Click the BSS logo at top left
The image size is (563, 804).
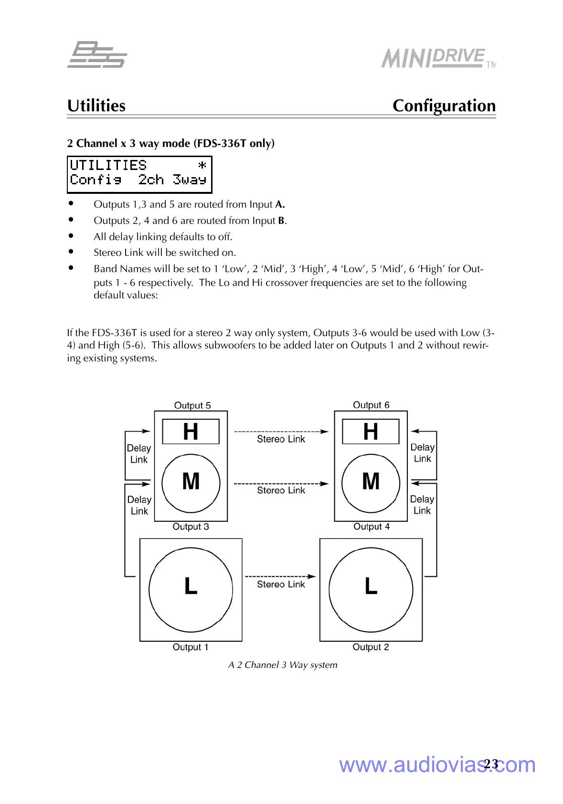click(97, 55)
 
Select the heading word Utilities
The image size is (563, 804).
click(96, 106)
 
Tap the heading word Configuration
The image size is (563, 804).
click(444, 106)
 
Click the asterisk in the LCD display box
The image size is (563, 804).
click(202, 165)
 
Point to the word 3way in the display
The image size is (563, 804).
click(190, 180)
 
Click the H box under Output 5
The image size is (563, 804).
click(191, 432)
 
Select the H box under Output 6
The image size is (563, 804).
click(371, 432)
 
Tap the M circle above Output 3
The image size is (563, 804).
click(191, 482)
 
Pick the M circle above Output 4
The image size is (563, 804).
click(371, 482)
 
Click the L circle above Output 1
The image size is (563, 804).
click(191, 590)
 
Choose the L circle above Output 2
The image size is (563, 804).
click(371, 590)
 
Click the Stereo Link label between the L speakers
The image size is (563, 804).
click(281, 584)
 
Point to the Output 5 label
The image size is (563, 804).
click(192, 405)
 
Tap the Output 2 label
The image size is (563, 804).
click(371, 647)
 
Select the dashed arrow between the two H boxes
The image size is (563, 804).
click(281, 431)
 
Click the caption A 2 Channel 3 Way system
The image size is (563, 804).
click(283, 665)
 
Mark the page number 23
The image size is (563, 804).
click(491, 764)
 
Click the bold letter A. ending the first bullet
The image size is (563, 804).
click(280, 204)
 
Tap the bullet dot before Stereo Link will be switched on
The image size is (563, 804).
click(71, 252)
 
